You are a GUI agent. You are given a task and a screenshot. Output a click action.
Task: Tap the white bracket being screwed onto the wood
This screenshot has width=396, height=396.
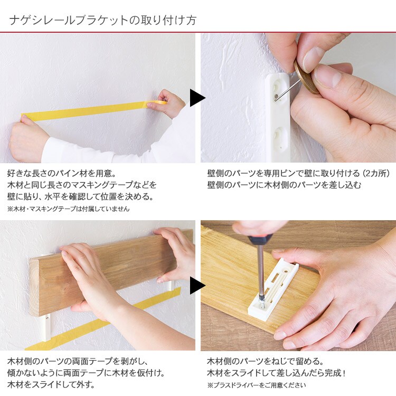click(274, 290)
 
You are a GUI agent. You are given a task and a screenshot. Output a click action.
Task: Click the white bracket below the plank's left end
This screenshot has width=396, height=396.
click(47, 327)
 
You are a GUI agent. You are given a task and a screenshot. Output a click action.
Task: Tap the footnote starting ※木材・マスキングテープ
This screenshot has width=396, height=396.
click(69, 209)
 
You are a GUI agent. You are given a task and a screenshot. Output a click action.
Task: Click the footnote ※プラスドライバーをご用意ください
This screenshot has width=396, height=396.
click(256, 385)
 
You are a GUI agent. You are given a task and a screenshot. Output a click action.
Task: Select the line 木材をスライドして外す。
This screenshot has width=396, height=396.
click(51, 385)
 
